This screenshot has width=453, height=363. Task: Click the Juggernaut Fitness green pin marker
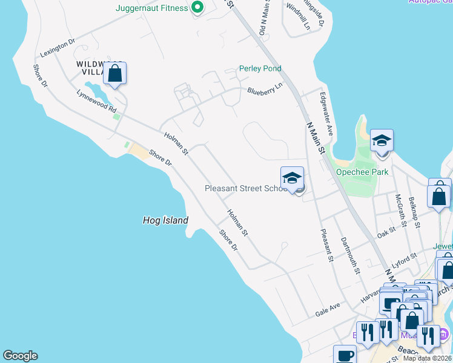point(197,8)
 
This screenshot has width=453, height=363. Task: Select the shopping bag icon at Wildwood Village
point(114,74)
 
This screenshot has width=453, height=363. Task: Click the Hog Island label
point(165,221)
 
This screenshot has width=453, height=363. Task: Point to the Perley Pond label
point(260,68)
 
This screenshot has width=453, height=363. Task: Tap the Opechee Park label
point(362,172)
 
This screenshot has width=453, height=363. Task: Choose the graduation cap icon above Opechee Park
point(382,141)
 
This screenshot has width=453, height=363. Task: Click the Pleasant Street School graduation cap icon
point(292,178)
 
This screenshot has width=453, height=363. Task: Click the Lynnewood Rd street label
point(96,102)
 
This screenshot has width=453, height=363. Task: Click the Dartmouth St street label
point(350,253)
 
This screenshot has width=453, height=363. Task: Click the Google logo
point(20,356)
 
